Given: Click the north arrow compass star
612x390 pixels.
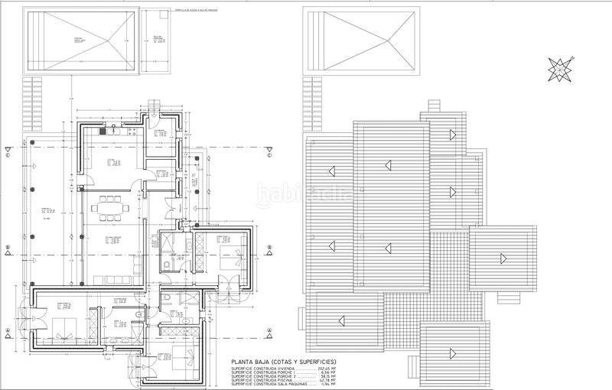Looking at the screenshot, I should point(561,69).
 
